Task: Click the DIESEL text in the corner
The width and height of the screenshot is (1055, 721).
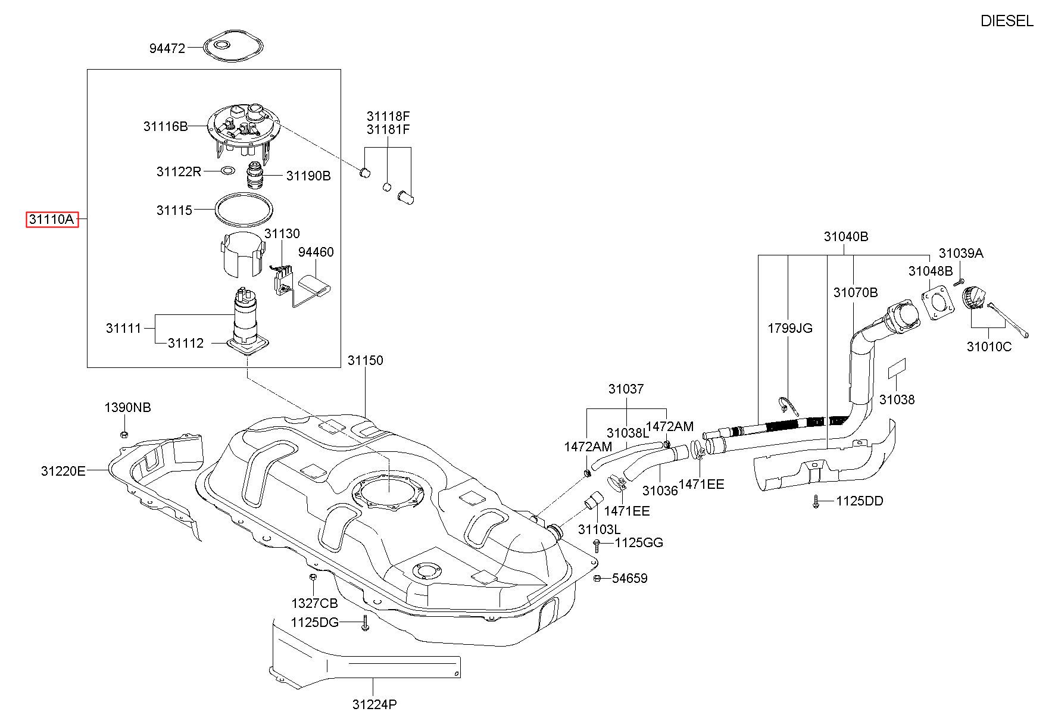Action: (x=1007, y=21)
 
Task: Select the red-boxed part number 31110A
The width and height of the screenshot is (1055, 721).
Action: (x=52, y=220)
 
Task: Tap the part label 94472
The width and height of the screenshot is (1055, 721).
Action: (x=167, y=48)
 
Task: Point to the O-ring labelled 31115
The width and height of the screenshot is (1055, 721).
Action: (x=245, y=210)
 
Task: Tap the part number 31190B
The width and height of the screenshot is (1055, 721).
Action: (x=308, y=176)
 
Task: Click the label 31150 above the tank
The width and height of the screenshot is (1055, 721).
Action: (x=366, y=360)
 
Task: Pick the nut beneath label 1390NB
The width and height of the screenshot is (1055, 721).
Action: (x=124, y=434)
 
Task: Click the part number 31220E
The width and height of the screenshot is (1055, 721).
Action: (x=63, y=472)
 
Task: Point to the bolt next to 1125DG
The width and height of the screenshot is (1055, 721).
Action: (x=365, y=624)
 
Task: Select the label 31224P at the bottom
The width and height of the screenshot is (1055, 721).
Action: (x=374, y=705)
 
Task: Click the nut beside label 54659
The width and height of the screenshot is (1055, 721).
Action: (x=597, y=578)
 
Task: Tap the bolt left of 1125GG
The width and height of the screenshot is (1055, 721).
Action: (x=597, y=544)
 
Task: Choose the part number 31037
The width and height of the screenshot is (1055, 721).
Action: (x=626, y=389)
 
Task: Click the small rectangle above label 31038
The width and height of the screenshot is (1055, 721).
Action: (x=897, y=369)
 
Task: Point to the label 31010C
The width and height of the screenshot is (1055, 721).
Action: (x=989, y=347)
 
